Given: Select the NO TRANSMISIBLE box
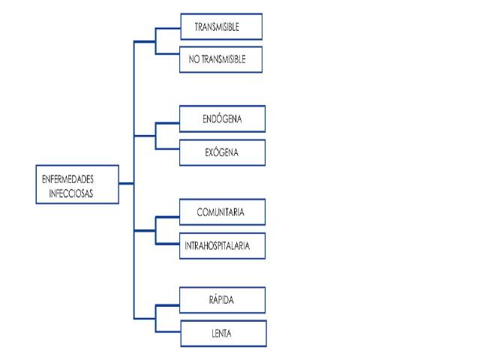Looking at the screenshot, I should coord(221,58).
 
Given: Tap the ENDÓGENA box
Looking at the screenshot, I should coord(222,118).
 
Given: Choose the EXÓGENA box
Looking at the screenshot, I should coord(222,151).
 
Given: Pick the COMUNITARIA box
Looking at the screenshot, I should coord(222,211).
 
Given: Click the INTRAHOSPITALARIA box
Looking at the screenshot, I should coord(222,244).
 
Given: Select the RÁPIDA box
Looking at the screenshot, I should coord(222,299).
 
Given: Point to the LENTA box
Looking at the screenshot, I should coord(222,331).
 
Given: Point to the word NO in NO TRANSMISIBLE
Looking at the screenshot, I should coord(193,58).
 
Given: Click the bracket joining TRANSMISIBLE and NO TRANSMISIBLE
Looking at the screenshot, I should coord(155,42).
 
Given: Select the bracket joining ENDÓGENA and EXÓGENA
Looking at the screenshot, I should coord(155,135).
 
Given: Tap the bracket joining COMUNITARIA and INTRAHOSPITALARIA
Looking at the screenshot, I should coord(155,228).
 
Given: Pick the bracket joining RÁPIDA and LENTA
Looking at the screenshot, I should coord(155,315).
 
